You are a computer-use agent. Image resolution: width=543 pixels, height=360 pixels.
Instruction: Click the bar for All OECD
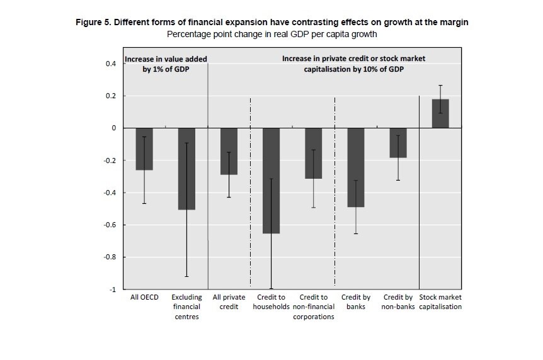pos(144,149)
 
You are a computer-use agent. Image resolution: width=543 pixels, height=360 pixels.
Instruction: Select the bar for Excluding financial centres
pos(186,169)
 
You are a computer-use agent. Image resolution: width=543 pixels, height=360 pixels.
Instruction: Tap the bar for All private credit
pos(229,151)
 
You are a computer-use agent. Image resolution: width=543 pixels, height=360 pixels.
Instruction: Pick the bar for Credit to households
pos(271,181)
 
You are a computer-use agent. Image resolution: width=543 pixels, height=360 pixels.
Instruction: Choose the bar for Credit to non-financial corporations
pos(313,154)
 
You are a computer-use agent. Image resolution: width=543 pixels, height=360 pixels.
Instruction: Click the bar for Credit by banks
pos(356,167)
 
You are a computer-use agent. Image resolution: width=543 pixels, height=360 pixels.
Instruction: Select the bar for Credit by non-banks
pos(398,143)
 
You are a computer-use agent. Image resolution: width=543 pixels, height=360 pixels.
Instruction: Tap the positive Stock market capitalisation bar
pos(440,114)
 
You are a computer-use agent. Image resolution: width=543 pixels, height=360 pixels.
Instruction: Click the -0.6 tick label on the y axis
pos(110,225)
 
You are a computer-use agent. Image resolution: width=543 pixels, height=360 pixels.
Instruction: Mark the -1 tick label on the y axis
pos(112,290)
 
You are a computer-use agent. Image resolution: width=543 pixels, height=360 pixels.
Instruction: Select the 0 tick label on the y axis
pos(114,128)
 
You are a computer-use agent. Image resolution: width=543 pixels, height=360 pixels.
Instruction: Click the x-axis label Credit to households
pos(271,302)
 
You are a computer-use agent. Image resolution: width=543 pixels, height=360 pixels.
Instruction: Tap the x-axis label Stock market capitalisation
pos(440,302)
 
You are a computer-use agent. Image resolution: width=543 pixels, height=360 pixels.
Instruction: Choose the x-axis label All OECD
pos(144,297)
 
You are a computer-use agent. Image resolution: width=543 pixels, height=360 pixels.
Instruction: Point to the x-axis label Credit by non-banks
pos(398,302)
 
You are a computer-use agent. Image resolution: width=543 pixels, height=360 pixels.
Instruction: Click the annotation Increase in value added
pos(166,59)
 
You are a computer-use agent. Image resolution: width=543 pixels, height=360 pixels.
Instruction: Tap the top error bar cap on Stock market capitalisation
pos(440,85)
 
